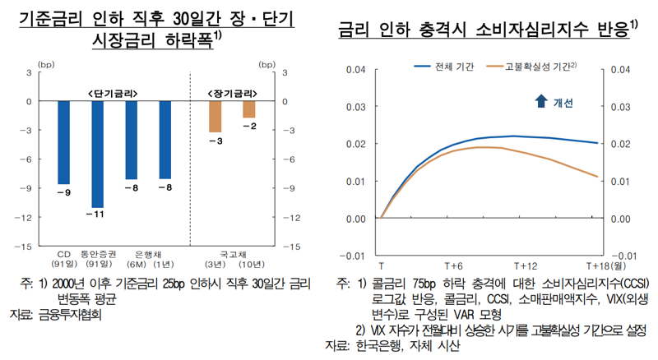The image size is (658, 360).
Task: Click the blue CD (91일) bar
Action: click(63, 142)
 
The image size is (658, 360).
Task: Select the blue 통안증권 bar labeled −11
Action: click(97, 154)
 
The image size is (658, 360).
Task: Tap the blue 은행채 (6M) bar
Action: click(132, 140)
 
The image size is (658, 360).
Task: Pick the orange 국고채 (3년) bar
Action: click(215, 116)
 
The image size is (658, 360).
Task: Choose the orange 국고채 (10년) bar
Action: click(248, 109)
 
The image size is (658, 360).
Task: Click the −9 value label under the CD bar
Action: click(63, 192)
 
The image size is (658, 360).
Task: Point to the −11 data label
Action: click(97, 215)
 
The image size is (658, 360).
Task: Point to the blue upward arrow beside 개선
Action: click(540, 101)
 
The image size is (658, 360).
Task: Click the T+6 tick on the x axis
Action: click(454, 266)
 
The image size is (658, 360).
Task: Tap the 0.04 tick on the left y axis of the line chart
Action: click(355, 69)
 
